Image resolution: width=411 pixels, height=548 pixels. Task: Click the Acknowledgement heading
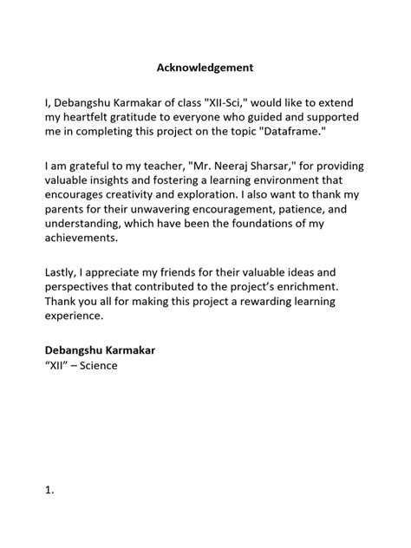pos(205,66)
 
